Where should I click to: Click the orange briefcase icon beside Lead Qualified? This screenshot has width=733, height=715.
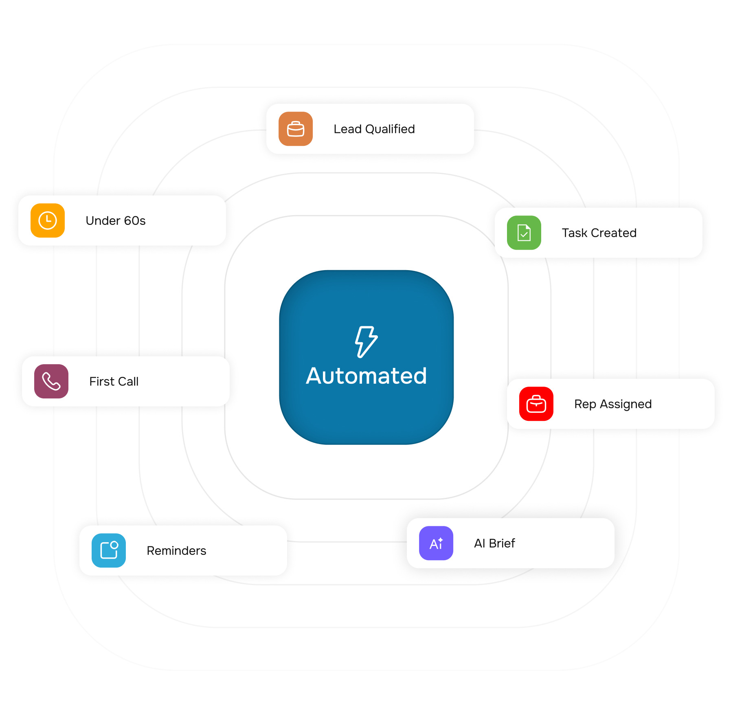[x=296, y=129]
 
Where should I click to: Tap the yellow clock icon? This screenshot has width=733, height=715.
[x=48, y=220]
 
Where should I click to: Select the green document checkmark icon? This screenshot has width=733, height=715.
[x=524, y=233]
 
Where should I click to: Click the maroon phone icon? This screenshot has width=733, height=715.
[x=51, y=381]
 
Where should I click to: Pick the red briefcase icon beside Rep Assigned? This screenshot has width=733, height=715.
[x=536, y=404]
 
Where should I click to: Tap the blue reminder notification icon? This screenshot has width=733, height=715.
[x=109, y=550]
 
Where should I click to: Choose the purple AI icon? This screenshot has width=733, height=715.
[x=436, y=543]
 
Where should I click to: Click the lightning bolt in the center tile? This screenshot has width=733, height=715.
[x=366, y=342]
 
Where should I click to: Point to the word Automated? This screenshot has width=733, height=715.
[x=366, y=376]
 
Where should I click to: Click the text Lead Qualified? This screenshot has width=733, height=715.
[x=374, y=129]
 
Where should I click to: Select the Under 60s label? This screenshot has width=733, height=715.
[x=116, y=221]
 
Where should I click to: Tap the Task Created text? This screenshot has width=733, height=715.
[x=599, y=233]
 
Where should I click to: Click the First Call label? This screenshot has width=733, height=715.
[x=114, y=381]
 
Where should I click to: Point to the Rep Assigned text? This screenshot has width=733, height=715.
[x=613, y=404]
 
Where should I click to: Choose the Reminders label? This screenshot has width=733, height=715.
[x=176, y=551]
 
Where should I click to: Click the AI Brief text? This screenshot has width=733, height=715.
[x=494, y=543]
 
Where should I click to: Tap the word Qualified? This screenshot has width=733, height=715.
[x=390, y=129]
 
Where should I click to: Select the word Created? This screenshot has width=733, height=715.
[x=614, y=233]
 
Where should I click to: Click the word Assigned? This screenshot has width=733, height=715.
[x=626, y=404]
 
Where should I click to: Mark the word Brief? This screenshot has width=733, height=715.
[x=502, y=543]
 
